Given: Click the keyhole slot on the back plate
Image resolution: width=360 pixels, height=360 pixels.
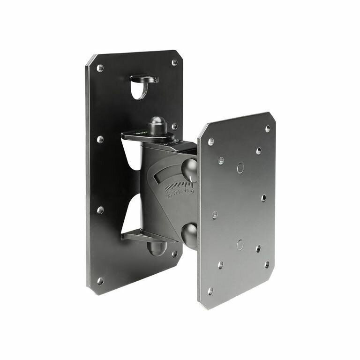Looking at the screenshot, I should [x=140, y=88].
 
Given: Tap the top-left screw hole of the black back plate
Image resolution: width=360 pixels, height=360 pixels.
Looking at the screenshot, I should [x=100, y=68].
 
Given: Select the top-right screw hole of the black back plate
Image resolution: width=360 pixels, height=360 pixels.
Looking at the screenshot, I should [x=174, y=62].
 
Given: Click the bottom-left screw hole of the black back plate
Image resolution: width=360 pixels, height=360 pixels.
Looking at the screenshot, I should [x=100, y=280].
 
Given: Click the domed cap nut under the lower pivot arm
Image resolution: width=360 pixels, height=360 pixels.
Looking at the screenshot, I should [x=157, y=247].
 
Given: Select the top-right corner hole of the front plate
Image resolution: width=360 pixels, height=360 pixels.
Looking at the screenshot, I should [x=268, y=128].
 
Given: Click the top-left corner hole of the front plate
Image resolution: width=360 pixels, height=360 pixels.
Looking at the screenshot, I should [x=210, y=141].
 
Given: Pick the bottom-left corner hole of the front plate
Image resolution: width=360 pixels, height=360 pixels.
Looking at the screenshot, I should [x=210, y=291].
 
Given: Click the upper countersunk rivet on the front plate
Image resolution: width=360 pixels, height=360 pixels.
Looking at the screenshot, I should [x=240, y=167].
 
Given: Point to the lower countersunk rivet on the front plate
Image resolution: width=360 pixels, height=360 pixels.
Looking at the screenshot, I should [x=240, y=244].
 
